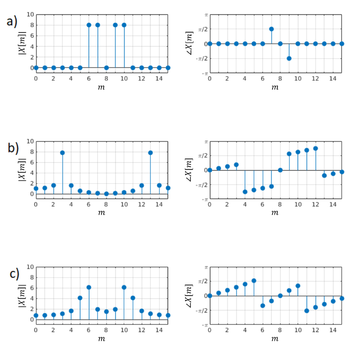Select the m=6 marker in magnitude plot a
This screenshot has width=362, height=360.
88,25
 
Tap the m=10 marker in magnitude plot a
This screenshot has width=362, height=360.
124,25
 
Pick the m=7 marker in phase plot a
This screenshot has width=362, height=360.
271,29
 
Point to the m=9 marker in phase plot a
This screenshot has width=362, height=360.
289,58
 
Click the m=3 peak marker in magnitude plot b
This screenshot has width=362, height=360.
62,152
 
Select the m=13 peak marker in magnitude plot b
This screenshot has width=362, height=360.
150,152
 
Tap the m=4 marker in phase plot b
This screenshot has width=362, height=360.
245,192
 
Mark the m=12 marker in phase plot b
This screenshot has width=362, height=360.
316,148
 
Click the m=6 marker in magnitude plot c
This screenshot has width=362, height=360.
88,287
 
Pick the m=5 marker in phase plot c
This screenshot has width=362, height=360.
254,280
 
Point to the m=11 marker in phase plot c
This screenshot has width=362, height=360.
307,310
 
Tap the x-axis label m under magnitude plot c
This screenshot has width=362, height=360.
101,339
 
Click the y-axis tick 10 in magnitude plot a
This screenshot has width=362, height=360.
30,15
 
